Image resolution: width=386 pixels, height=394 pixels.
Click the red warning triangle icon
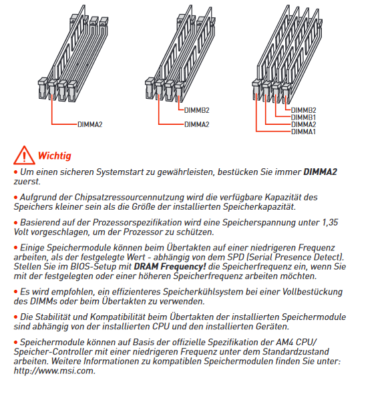[24, 156]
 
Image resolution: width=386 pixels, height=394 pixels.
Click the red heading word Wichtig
[55, 156]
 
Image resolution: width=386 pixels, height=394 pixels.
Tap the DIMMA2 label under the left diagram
[90, 124]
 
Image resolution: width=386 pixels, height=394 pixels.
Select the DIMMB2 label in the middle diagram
[197, 110]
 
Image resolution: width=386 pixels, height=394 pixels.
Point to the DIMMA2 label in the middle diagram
[197, 124]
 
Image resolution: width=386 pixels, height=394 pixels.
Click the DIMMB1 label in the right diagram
[303, 118]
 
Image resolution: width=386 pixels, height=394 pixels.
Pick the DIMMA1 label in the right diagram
[303, 132]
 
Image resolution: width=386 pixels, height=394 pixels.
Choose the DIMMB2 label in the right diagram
[303, 110]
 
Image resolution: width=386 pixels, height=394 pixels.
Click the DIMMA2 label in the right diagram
[303, 124]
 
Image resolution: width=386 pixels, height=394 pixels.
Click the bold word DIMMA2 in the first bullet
[320, 172]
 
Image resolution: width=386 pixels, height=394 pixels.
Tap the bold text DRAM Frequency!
[170, 266]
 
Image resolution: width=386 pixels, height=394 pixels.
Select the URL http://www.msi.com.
[55, 371]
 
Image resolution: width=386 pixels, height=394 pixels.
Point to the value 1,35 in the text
[330, 222]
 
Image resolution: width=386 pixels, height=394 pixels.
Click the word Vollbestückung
[313, 292]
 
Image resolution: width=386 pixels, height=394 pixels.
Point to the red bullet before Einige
[15, 248]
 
